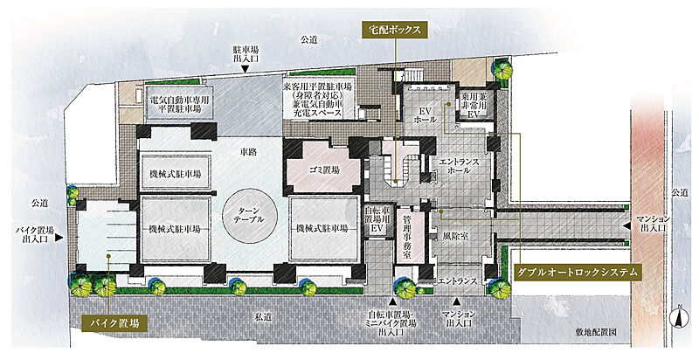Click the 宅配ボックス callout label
tap(393, 29)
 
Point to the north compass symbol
tap(679, 317)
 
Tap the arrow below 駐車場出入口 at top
tap(246, 68)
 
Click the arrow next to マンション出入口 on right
tap(626, 226)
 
